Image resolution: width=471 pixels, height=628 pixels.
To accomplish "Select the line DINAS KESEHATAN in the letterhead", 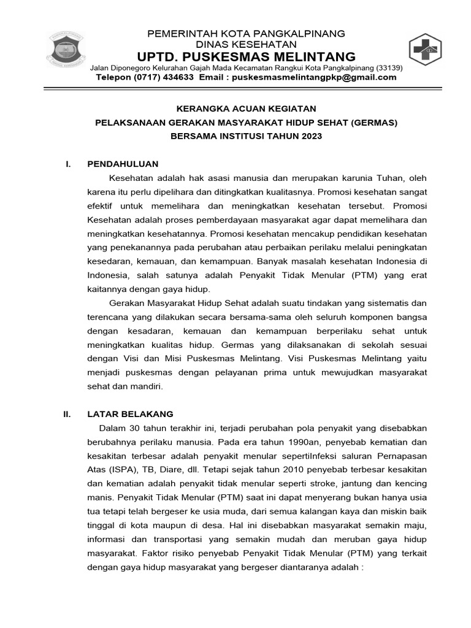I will tap(246, 44).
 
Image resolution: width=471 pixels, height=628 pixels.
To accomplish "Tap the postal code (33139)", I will tap(389, 67).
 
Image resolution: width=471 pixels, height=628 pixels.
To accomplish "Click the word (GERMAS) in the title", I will tap(375, 122).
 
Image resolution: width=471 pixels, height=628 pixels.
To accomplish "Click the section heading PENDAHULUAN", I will tap(123, 164).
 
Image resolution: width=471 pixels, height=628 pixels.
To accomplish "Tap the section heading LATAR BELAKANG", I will tap(131, 414).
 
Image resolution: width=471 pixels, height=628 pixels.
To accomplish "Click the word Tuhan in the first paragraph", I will tap(385, 178).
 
